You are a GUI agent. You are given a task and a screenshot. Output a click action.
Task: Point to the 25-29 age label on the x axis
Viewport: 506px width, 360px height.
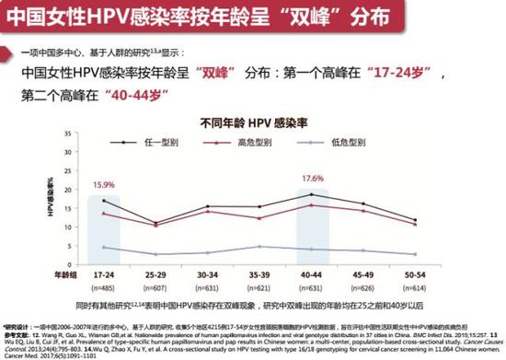point(156,273)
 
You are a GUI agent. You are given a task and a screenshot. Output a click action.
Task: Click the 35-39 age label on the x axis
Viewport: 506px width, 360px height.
point(261,273)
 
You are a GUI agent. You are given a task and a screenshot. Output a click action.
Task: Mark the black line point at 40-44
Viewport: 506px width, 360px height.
point(315,194)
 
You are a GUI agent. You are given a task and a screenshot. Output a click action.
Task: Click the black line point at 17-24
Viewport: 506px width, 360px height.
point(103,201)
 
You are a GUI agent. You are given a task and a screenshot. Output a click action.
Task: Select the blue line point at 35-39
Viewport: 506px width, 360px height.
point(261,247)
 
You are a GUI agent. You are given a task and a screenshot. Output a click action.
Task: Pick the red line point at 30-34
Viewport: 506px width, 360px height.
point(209,212)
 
